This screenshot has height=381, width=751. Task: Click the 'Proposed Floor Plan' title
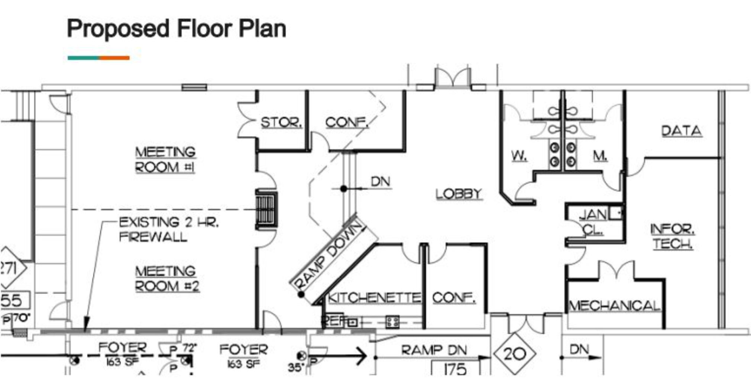pos(176,29)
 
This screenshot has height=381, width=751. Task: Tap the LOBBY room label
pos(459,193)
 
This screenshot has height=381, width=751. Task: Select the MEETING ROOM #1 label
pos(165,160)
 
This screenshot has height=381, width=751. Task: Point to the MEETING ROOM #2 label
pos(167,279)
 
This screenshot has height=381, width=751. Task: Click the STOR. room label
pos(281,122)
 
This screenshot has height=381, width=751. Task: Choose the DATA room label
pos(682,131)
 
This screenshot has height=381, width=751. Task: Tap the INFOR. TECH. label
pos(673,236)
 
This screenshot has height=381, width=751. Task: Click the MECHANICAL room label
pos(615,306)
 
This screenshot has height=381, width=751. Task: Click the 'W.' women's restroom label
pos(519,156)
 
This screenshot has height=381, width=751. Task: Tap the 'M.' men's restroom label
pos(600,156)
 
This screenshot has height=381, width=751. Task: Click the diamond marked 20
pos(515,354)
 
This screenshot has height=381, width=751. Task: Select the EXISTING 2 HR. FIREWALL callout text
pos(168,229)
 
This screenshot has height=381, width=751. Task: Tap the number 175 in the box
pos(455,369)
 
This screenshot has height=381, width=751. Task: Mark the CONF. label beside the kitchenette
pos(454,297)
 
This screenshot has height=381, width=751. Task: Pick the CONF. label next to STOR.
pos(346,122)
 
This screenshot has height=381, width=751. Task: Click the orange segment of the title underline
pos(114,58)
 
